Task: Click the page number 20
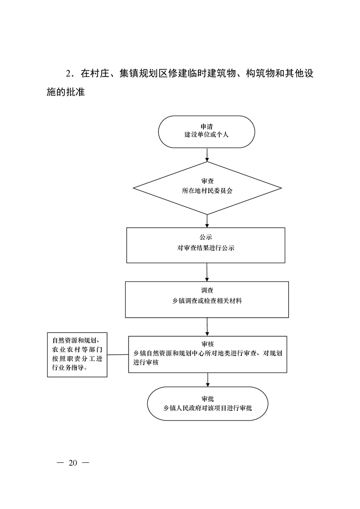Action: coord(73,463)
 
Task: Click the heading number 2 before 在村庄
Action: coord(68,74)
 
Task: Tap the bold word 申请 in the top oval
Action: coord(207,127)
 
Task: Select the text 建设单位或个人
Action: coord(207,135)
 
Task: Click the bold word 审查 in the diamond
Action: coord(207,181)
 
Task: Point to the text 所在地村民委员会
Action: coord(207,191)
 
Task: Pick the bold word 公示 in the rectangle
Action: coord(206,237)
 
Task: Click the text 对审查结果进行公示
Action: coord(206,248)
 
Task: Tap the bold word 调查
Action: coord(207,290)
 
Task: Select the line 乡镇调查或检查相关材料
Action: coord(207,301)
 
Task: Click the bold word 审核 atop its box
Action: coord(207,344)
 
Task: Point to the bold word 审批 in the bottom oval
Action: coord(207,399)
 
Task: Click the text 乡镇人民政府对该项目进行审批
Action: coord(207,408)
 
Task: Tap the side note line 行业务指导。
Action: coord(70,368)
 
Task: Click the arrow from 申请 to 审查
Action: coord(207,155)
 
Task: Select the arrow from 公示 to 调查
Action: coord(207,272)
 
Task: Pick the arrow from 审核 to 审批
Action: coord(208,380)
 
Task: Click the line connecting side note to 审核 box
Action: coord(118,354)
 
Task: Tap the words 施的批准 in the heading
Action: coord(66,92)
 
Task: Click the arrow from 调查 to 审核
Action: coord(207,327)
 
